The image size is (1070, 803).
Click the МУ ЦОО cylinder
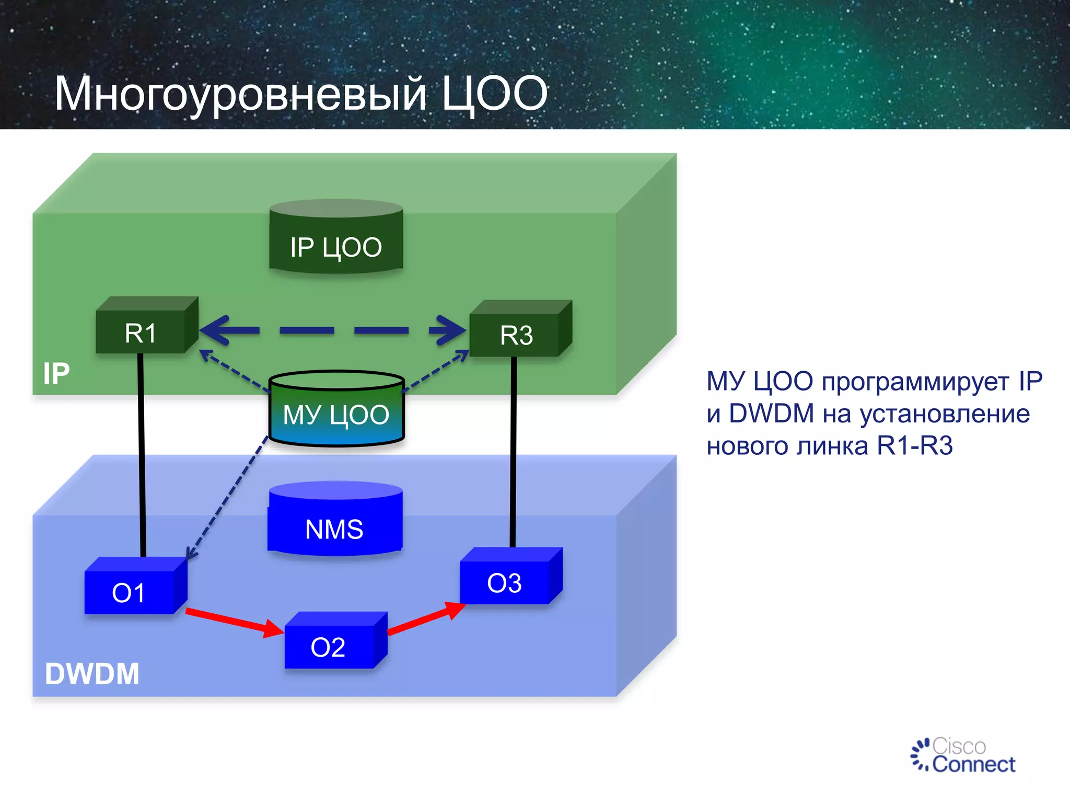tap(336, 413)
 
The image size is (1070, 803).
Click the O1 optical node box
tap(130, 591)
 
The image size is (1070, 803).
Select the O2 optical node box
tap(329, 646)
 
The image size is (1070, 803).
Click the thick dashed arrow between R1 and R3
tap(333, 330)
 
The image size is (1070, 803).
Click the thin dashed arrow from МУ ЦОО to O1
tap(227, 499)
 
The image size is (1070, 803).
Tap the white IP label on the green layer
tap(56, 373)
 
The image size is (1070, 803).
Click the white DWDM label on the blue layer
tap(92, 673)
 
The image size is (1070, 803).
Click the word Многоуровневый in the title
tap(240, 94)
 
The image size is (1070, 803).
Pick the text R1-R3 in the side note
tap(914, 446)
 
